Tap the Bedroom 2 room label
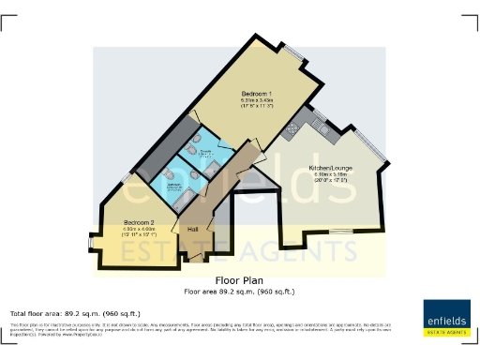coord(138,222)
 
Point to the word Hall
coord(192,229)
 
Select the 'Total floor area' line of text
coord(75,312)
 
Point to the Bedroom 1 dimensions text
coord(256,105)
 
